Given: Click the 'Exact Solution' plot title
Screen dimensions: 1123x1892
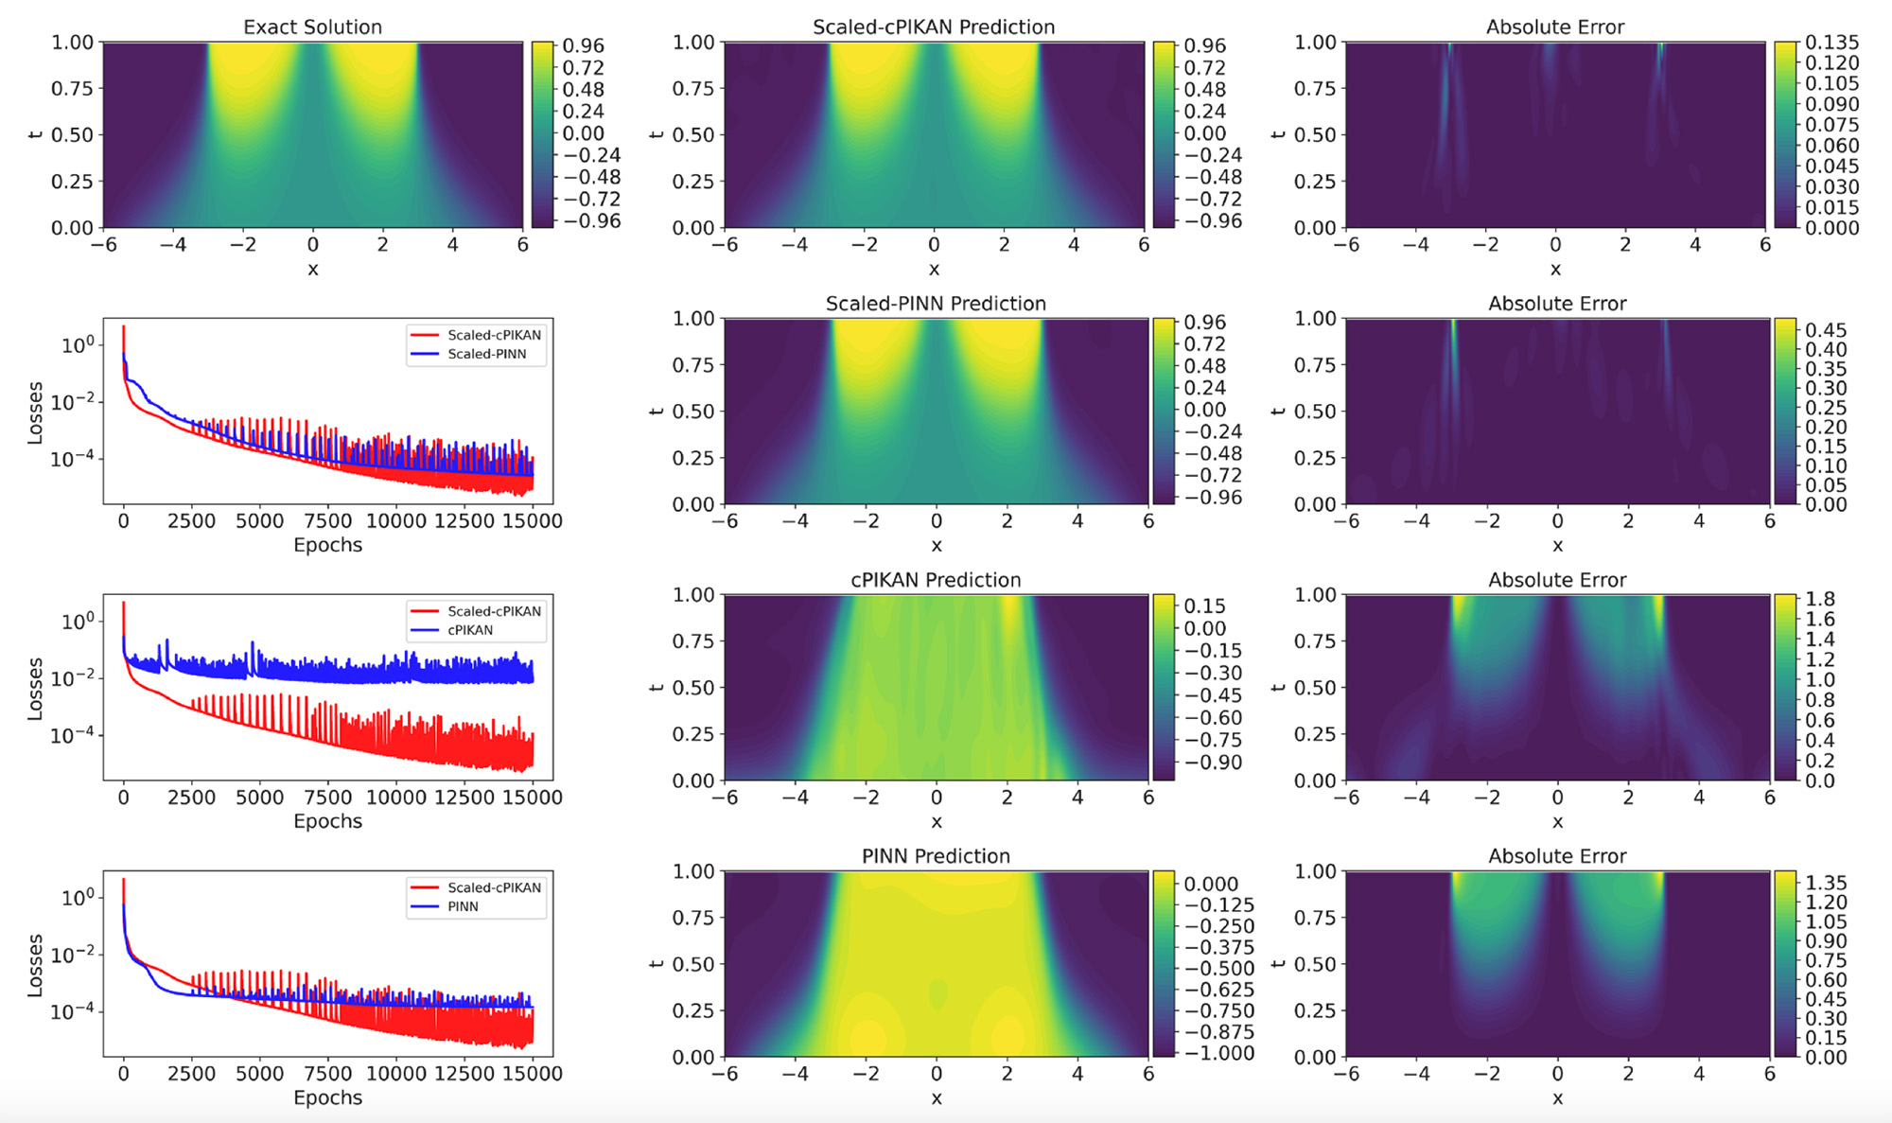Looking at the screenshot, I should pos(312,26).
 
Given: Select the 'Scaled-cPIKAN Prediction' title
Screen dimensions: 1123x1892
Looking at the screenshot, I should pos(934,26).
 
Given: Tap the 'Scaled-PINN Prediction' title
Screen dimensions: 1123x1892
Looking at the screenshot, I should pos(936,303).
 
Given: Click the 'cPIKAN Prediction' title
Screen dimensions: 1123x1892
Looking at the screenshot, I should pos(936,579).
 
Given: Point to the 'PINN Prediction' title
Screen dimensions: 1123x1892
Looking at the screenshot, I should pos(936,855).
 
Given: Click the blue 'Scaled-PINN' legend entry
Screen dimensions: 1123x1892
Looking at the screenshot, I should pos(486,354).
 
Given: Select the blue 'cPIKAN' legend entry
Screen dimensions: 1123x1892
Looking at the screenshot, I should pos(470,630).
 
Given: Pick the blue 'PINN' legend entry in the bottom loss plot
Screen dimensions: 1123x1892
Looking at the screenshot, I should pos(463,906).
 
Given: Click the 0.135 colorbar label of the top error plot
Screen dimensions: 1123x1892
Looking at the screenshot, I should pos(1831,42).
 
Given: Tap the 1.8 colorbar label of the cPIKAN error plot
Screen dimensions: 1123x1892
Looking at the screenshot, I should pos(1820,599).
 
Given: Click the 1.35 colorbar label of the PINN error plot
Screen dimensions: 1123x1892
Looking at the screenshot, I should pos(1826,882).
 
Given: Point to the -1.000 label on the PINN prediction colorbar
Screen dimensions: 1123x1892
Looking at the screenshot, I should pos(1218,1053).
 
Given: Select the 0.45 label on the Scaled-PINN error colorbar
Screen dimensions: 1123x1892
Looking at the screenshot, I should pos(1826,329).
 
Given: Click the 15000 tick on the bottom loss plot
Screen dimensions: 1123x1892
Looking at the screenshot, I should pos(533,1073).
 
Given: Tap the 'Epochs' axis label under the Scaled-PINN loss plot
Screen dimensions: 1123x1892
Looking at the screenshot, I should pos(327,545).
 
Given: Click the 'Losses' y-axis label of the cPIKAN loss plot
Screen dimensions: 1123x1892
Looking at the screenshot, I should pos(36,689).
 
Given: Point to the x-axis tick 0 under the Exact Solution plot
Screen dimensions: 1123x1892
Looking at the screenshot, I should pos(312,244).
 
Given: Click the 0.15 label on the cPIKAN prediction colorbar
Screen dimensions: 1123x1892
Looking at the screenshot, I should pos(1204,605).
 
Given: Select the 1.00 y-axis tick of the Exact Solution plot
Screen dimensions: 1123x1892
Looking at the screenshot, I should pos(72,42).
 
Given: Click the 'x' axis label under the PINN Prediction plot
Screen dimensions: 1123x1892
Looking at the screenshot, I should pos(936,1097).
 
